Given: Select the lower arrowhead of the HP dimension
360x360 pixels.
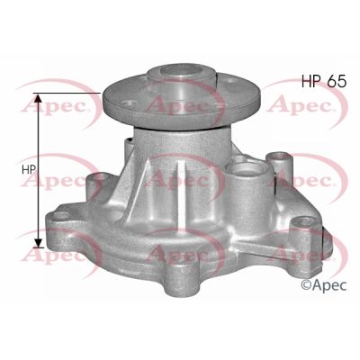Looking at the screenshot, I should tap(38, 243).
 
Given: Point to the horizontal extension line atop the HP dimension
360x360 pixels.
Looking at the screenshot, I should tap(72, 94).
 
